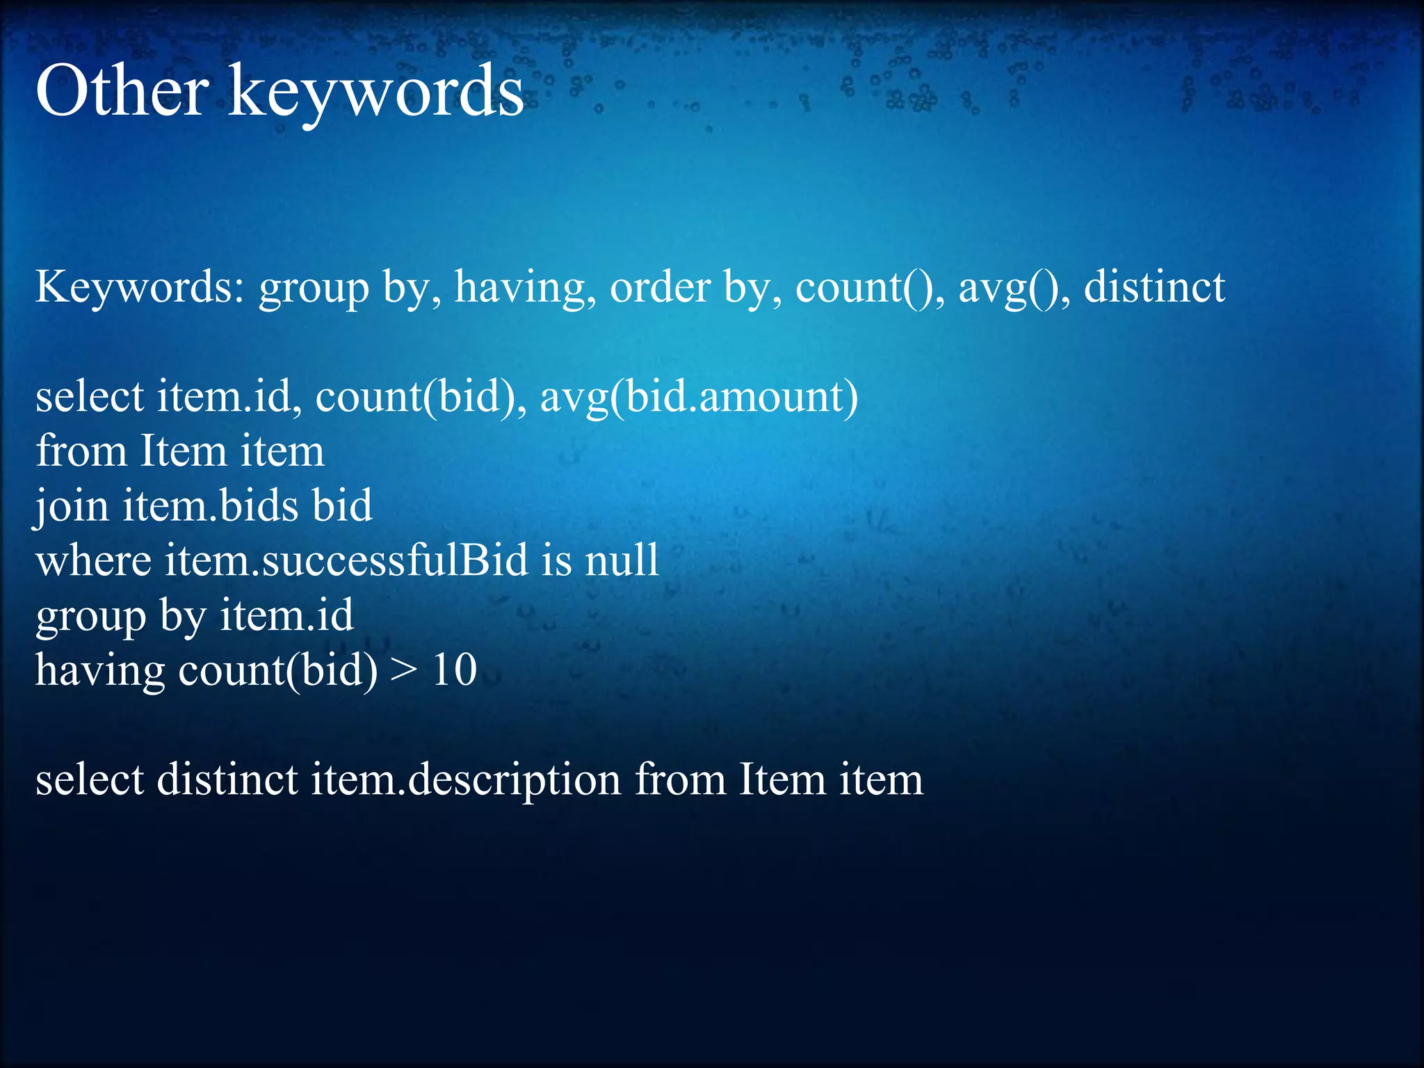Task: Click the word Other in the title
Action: click(122, 91)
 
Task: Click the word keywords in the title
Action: click(375, 91)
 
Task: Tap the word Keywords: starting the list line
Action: click(139, 286)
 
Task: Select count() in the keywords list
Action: click(869, 286)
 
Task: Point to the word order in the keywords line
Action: click(660, 286)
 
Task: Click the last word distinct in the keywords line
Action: click(1154, 286)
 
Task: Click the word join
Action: click(72, 506)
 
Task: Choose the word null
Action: click(622, 560)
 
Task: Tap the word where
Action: click(94, 560)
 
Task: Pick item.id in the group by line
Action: click(286, 615)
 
